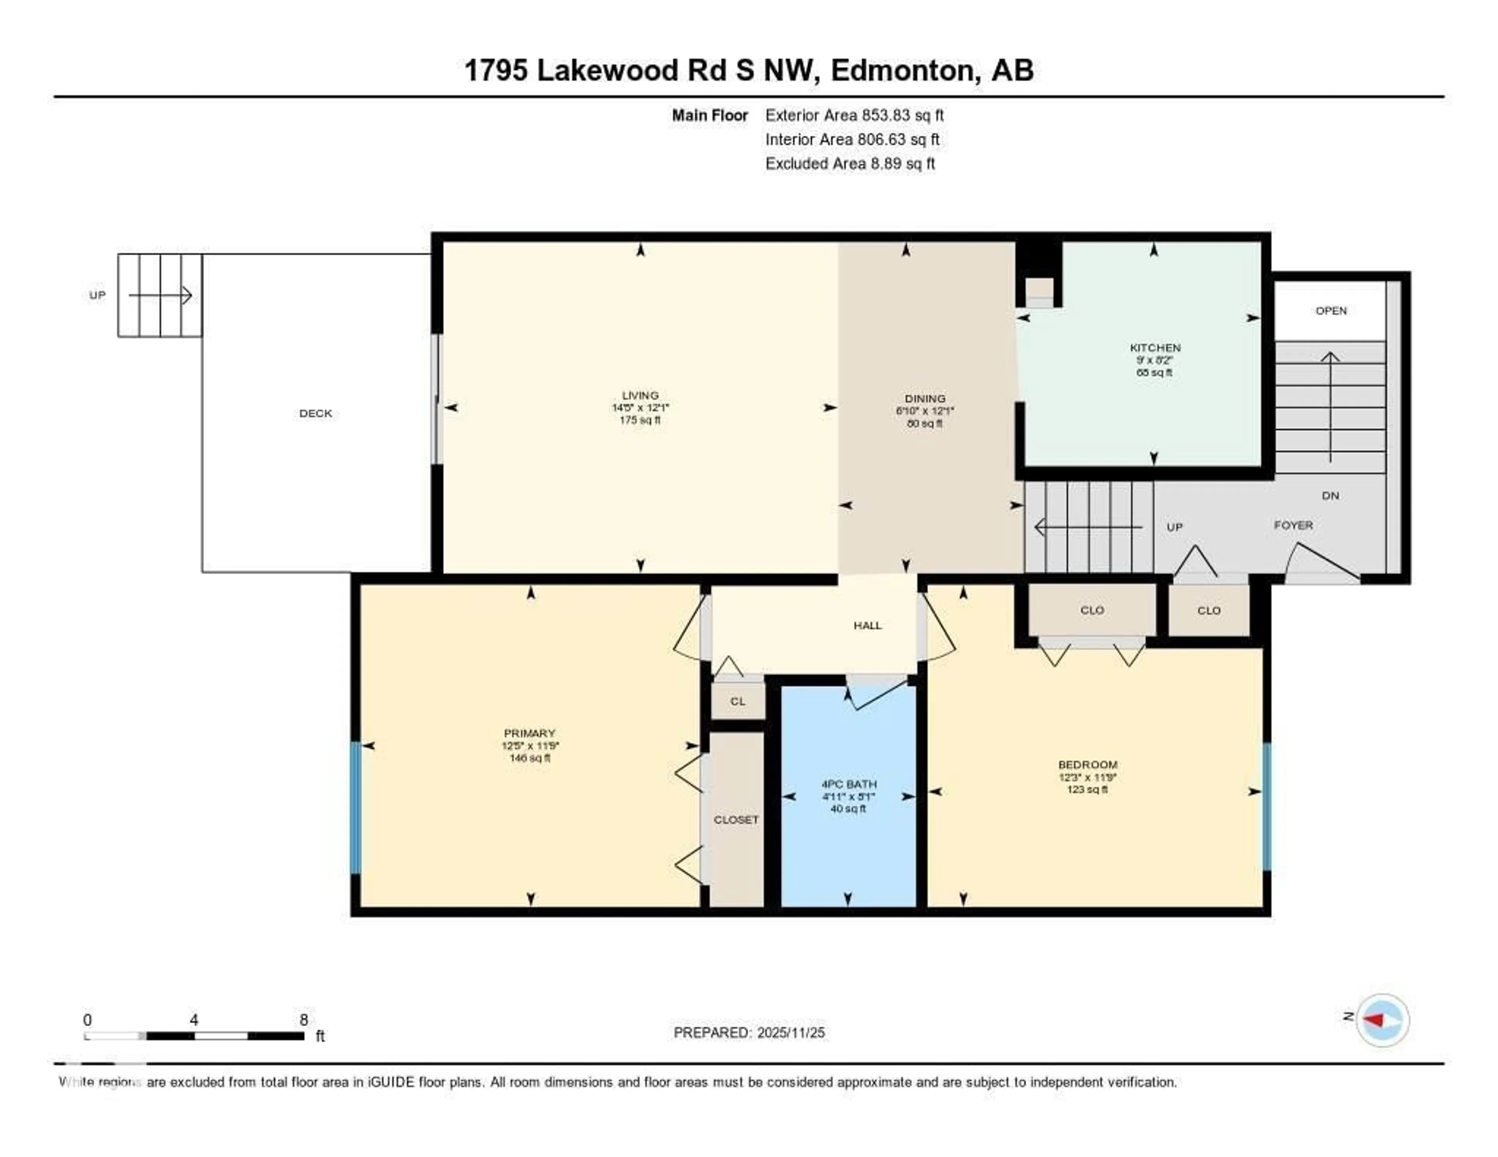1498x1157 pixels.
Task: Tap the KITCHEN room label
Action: click(x=1155, y=348)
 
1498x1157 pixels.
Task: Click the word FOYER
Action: click(x=1293, y=525)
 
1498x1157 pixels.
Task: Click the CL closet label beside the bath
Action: click(x=737, y=701)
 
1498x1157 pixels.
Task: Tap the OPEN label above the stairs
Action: click(x=1331, y=311)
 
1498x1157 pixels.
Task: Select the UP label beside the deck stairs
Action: click(x=98, y=295)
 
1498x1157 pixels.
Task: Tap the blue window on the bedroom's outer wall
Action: click(x=1266, y=806)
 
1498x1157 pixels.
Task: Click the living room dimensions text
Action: click(x=640, y=407)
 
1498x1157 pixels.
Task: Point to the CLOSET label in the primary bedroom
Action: click(x=736, y=820)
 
